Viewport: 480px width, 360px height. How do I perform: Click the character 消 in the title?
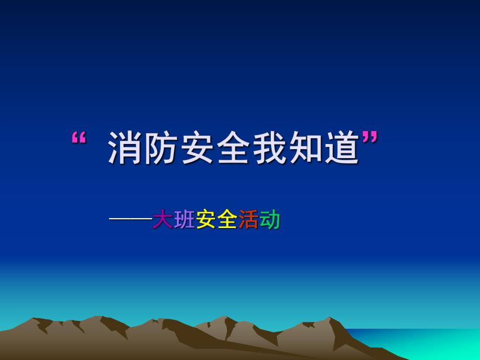pyautogui.click(x=126, y=148)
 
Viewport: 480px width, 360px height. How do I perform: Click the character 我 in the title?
pyautogui.click(x=271, y=148)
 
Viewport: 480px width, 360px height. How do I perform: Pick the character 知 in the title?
pyautogui.click(x=307, y=148)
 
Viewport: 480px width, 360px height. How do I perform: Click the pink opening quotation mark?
pyautogui.click(x=78, y=138)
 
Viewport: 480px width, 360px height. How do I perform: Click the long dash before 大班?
pyautogui.click(x=130, y=220)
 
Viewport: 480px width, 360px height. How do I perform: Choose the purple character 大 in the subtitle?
pyautogui.click(x=162, y=220)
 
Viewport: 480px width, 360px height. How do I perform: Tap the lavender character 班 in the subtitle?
pyautogui.click(x=184, y=220)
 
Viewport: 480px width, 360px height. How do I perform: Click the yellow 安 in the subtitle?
pyautogui.click(x=206, y=220)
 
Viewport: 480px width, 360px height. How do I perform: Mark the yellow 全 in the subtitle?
pyautogui.click(x=227, y=220)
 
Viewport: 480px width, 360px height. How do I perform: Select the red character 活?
pyautogui.click(x=248, y=220)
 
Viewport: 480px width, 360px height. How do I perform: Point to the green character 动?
pyautogui.click(x=270, y=220)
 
